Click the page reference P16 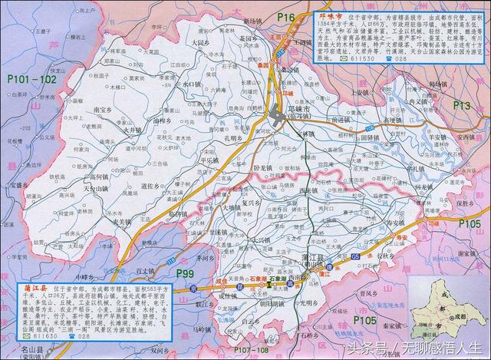click(286, 16)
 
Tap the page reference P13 click(462, 104)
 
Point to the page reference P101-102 click(31, 78)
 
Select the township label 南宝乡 click(102, 111)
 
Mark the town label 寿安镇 click(394, 221)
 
